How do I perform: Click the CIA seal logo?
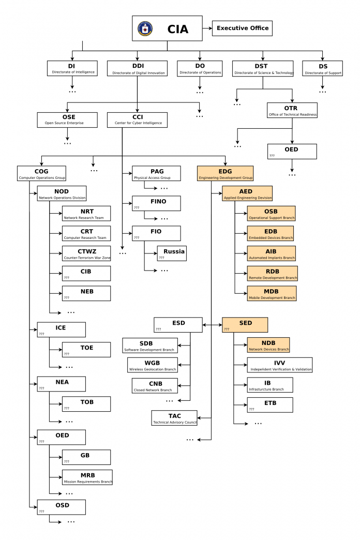coord(145,28)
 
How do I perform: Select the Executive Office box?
coord(242,28)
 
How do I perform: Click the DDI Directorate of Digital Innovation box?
coord(137,69)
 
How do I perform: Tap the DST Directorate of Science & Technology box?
coord(262,69)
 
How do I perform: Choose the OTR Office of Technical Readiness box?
coord(292,110)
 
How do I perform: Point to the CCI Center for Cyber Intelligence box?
coord(137,119)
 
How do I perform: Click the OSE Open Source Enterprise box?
coord(67,119)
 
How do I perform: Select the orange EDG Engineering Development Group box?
coord(225,173)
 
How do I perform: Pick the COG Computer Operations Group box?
coord(41,173)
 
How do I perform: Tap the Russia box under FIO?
coord(172,253)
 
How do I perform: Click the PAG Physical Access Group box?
coord(156,173)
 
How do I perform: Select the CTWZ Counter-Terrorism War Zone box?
coord(86,253)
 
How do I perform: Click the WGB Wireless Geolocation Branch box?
coord(152,365)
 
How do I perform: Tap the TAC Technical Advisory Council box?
coord(174,418)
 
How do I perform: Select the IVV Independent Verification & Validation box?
coord(279,365)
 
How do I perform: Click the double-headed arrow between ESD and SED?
coord(212,325)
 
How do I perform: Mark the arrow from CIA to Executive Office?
coord(207,28)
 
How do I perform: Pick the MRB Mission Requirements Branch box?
coord(87,477)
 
